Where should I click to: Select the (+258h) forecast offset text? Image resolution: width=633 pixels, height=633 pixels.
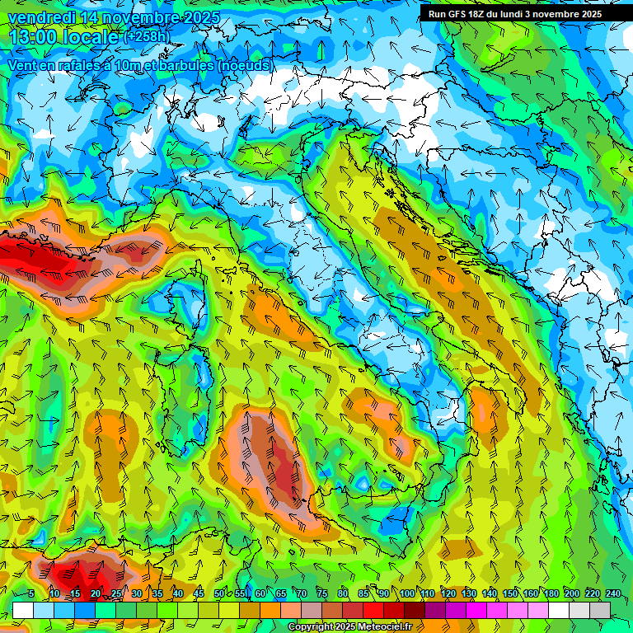tap(146, 36)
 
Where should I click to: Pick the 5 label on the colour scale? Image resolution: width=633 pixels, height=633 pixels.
tap(31, 593)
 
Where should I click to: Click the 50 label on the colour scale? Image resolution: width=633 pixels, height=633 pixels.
tap(218, 593)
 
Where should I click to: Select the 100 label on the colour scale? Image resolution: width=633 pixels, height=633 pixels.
tap(406, 593)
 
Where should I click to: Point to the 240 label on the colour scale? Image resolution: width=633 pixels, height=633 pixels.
tap(612, 593)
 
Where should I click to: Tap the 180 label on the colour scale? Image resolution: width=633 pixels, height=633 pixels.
tap(550, 593)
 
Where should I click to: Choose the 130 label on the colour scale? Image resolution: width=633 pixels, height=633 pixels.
tap(468, 593)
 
